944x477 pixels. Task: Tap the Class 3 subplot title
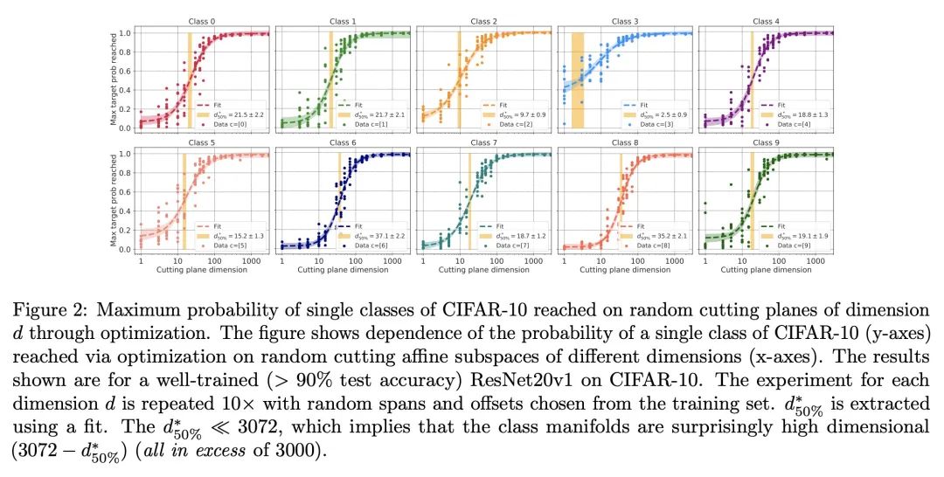623,21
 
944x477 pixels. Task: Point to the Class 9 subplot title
763,142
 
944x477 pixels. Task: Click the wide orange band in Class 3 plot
577,80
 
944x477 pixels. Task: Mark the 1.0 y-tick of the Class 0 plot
126,33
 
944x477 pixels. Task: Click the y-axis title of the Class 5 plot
114,200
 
